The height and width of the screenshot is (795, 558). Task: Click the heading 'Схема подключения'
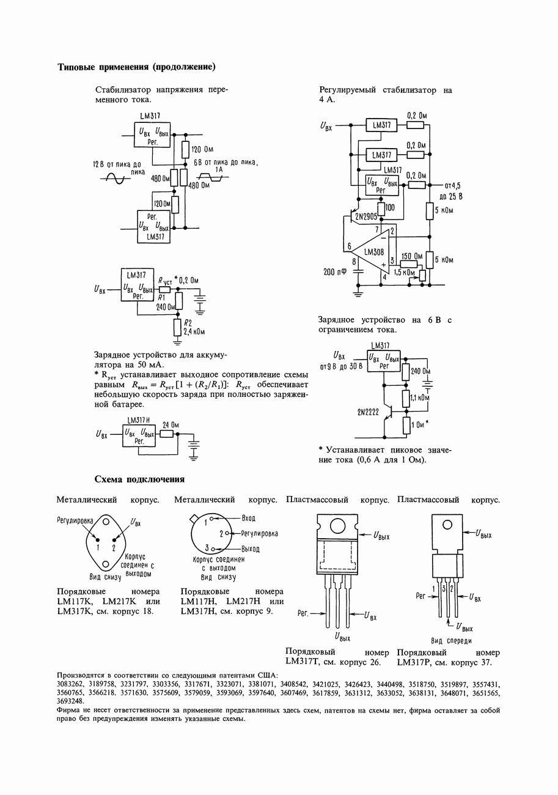coord(139,479)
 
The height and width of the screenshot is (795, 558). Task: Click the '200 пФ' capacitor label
coord(335,272)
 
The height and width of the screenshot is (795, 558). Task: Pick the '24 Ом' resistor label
coord(171,424)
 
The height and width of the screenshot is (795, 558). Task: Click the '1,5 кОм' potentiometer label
coord(405,272)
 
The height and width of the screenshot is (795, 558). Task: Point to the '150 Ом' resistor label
coord(412,256)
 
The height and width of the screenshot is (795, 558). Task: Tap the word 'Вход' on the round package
coord(248,518)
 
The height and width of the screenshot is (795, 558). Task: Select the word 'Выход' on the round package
coord(251,549)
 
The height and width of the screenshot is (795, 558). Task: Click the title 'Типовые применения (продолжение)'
coord(136,67)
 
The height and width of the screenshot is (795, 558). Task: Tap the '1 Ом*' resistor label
coord(420,424)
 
